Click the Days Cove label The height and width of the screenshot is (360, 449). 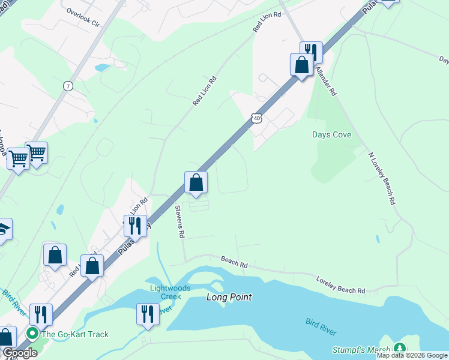[331, 134]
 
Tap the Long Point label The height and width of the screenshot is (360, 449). [229, 297]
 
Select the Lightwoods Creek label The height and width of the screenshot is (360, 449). [170, 292]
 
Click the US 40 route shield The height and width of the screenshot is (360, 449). [257, 118]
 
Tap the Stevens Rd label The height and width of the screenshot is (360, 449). [178, 222]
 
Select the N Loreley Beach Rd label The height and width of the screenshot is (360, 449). [382, 178]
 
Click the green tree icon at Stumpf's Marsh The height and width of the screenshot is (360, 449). [399, 349]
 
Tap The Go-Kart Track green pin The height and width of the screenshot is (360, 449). [32, 334]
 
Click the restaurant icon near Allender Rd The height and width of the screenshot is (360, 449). [311, 51]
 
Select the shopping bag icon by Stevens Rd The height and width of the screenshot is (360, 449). [196, 182]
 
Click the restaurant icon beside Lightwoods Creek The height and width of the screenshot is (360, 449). [148, 313]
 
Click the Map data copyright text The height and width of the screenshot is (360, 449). [412, 355]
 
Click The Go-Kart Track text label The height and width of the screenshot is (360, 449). [76, 334]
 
